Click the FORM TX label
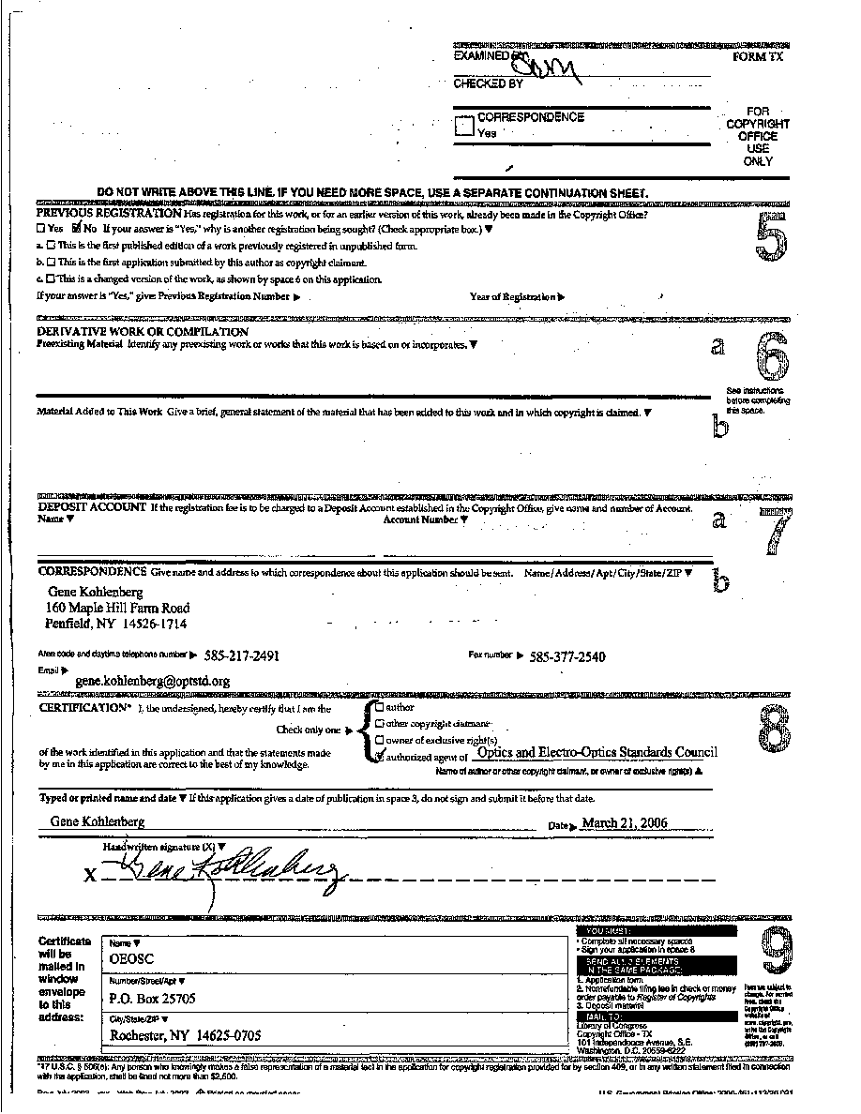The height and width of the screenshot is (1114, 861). (758, 57)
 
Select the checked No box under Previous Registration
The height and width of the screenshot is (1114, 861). (78, 228)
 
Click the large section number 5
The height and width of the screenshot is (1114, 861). (768, 237)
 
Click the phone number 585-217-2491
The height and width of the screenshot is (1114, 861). (237, 656)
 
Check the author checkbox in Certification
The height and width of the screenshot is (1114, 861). (379, 708)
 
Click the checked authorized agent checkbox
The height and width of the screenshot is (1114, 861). (379, 756)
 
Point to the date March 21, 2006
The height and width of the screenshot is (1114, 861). (625, 823)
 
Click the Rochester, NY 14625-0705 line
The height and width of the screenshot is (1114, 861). (186, 1035)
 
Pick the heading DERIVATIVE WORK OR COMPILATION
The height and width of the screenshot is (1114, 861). (143, 332)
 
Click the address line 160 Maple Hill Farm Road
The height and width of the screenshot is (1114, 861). (117, 608)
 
